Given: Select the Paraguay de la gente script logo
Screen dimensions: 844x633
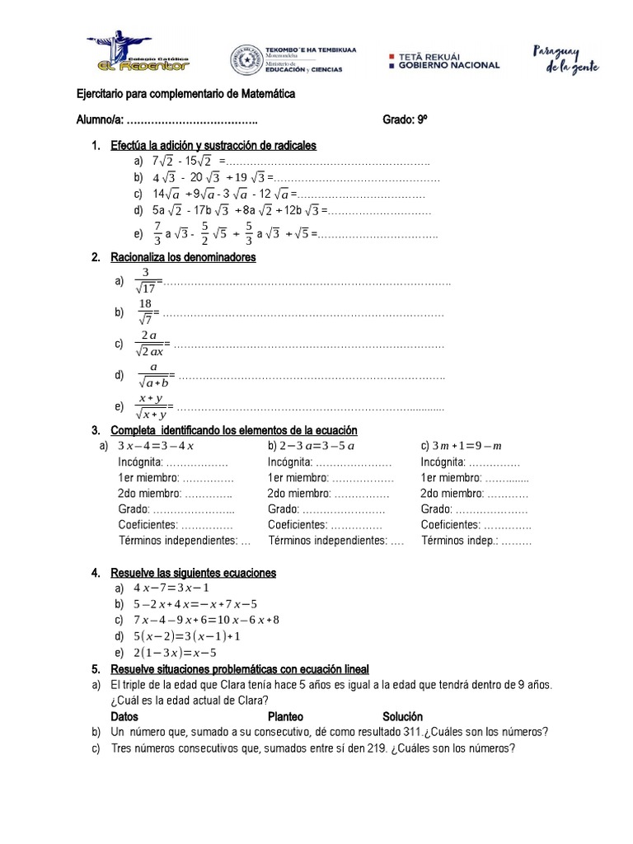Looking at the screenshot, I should [x=565, y=58].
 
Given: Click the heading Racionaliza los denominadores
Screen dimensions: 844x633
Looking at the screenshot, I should [x=183, y=257].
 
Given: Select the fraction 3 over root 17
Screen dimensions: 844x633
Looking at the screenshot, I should [x=145, y=281].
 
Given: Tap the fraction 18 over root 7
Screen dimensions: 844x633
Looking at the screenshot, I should [x=145, y=312].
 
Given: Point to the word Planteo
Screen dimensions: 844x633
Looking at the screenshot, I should [x=287, y=716].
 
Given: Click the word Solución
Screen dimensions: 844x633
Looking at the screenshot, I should [x=402, y=716].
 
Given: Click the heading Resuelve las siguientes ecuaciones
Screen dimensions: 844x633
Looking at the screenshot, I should [x=194, y=572].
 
